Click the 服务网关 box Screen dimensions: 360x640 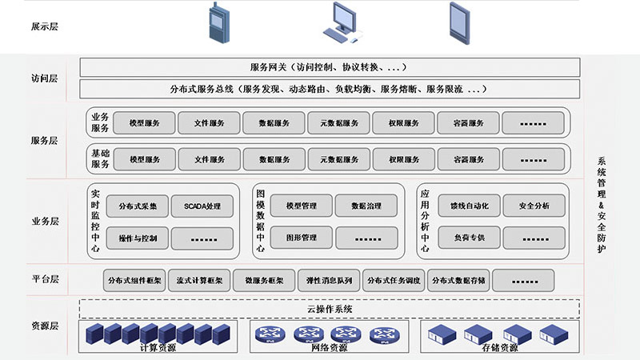[330, 67]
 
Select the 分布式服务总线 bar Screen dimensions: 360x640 [330, 88]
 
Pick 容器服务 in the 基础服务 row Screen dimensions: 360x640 [469, 160]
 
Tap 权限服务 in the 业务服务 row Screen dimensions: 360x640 [404, 123]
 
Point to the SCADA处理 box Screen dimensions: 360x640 [202, 206]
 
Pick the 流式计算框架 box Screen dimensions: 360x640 [198, 281]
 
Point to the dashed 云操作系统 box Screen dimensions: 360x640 [330, 309]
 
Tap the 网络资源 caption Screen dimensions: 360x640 [329, 348]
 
